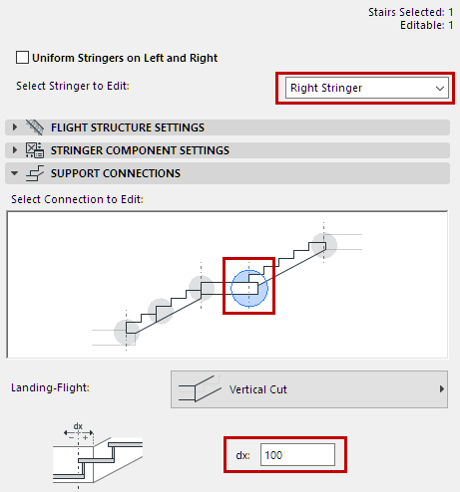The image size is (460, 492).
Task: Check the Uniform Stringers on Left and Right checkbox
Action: [x=24, y=58]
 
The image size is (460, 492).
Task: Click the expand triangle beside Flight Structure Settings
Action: [x=15, y=127]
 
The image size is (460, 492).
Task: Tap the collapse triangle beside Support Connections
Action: [x=15, y=173]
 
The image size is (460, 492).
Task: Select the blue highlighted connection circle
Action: [x=247, y=287]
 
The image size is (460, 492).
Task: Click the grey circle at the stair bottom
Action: [x=126, y=332]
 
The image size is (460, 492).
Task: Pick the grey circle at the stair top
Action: [x=321, y=244]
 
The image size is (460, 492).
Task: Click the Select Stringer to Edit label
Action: [x=73, y=86]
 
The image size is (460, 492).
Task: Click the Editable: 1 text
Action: [x=425, y=26]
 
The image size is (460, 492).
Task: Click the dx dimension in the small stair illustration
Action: [x=78, y=426]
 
